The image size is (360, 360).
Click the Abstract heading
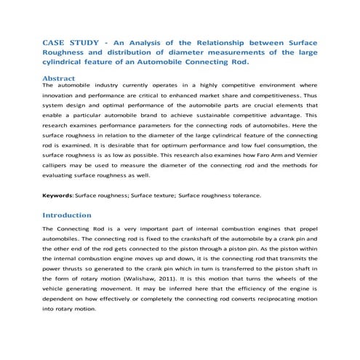click(63, 76)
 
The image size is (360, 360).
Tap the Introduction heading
click(67, 215)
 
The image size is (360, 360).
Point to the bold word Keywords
click(58, 195)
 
